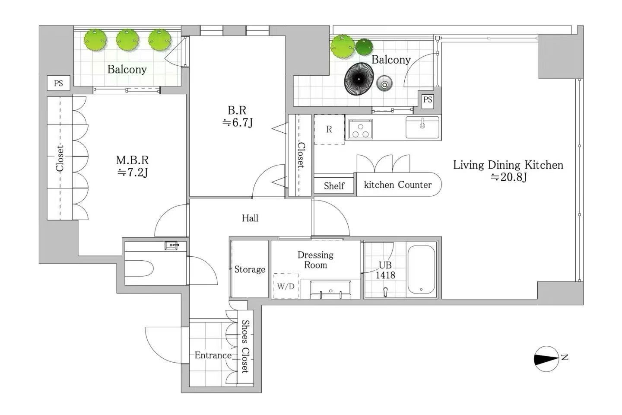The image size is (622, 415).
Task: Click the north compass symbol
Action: coord(546,358)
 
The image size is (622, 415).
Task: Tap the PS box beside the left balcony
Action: coord(58,83)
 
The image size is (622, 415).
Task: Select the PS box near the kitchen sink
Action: coord(427,99)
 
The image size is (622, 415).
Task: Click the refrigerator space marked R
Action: coord(329,129)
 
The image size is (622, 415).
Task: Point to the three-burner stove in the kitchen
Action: coord(360,129)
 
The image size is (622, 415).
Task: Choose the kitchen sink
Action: coord(422,127)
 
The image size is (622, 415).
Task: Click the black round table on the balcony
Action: coord(359,79)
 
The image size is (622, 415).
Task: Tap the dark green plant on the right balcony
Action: coord(364,47)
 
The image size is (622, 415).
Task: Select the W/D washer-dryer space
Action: coord(286,286)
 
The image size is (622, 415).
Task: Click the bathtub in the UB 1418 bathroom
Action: coord(421,270)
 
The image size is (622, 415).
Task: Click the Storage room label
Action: coord(250,269)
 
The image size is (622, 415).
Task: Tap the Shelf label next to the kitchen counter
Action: coord(334,186)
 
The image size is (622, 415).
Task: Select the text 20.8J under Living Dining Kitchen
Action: coord(509,177)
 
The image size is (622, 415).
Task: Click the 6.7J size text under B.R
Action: coord(238,122)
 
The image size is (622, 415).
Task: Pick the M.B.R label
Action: coord(132,160)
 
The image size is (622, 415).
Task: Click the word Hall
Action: coord(250,218)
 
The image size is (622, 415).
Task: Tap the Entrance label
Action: coord(213,355)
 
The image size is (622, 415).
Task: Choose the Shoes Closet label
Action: coord(245,346)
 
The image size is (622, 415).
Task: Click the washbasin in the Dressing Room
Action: coord(330,290)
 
